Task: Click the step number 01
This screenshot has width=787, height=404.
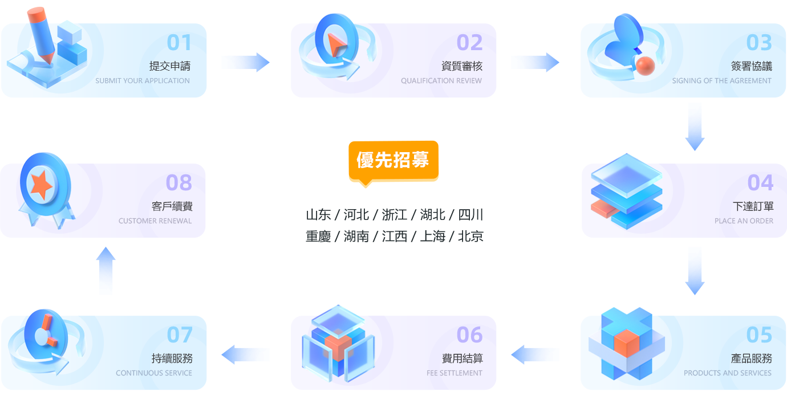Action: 179,43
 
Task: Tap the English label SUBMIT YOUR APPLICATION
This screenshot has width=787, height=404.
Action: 143,81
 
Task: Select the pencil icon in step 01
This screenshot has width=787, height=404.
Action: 41,35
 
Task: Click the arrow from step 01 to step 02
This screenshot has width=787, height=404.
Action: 245,62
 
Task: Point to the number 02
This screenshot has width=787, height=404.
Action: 469,43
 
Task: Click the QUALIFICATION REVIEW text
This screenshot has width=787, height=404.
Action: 441,81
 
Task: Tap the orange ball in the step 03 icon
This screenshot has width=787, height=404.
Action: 645,66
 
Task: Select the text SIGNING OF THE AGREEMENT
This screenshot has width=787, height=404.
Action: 721,81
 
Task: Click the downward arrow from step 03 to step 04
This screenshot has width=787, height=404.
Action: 695,127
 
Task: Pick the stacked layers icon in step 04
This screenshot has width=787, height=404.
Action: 626,191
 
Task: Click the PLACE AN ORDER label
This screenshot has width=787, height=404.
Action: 744,221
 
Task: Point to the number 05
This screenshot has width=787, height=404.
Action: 759,335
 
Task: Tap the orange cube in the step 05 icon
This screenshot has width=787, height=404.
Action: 627,343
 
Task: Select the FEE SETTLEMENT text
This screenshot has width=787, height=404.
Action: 455,373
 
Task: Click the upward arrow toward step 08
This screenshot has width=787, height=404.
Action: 106,270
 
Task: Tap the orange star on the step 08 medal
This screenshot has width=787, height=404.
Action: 42,185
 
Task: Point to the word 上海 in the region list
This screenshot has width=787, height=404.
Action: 432,236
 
